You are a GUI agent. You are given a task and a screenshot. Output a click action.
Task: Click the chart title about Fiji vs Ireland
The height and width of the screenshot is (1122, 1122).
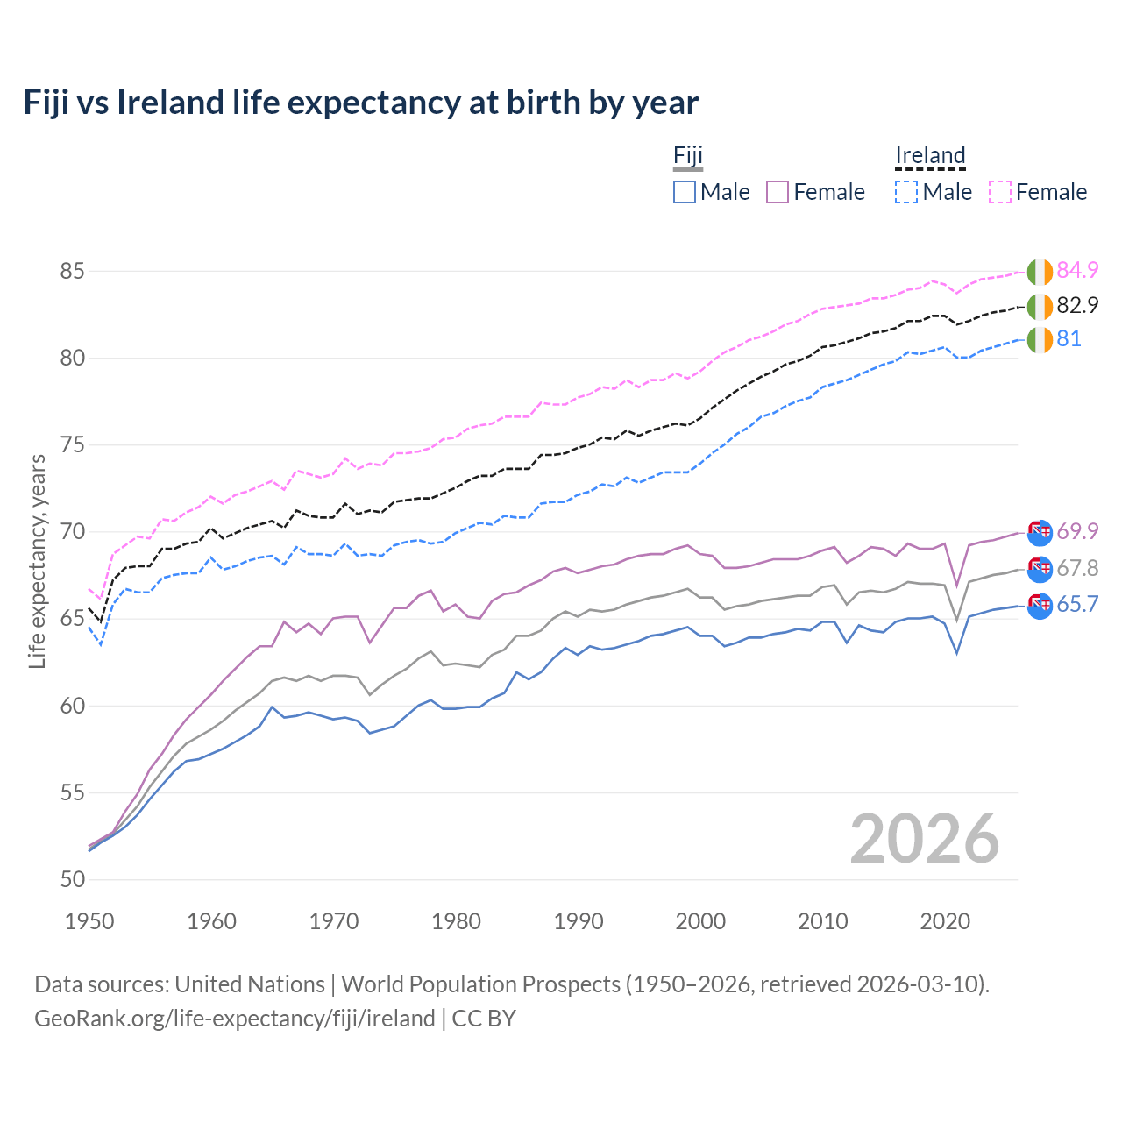click(x=360, y=103)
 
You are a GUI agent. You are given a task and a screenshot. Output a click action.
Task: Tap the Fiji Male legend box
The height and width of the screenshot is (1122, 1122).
click(x=685, y=192)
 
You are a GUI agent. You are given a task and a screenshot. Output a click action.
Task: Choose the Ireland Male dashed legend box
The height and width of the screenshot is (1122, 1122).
click(x=906, y=192)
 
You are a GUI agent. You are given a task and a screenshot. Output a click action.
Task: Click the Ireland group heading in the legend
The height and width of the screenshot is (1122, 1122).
click(x=930, y=156)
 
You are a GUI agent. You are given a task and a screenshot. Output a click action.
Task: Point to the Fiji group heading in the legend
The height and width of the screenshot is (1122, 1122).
click(x=688, y=156)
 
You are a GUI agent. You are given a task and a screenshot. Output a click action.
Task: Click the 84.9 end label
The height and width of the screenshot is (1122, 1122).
click(x=1077, y=270)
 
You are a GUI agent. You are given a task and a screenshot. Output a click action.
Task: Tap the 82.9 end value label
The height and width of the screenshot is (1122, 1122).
click(x=1077, y=305)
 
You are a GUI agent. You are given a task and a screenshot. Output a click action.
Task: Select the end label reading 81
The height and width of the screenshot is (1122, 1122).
click(x=1069, y=338)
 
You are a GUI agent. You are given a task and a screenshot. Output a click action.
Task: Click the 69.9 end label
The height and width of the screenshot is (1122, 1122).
click(x=1077, y=531)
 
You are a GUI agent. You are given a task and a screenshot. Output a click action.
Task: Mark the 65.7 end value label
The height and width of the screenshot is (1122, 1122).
click(x=1077, y=604)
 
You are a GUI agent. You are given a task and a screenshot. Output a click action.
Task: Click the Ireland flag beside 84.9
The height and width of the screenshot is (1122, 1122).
click(x=1040, y=272)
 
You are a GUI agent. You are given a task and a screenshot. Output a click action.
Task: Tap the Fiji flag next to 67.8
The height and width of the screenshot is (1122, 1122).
click(x=1040, y=569)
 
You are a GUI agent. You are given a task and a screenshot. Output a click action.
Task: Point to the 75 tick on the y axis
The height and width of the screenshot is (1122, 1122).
click(x=72, y=444)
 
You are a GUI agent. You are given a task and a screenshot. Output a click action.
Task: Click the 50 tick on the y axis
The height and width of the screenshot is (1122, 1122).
click(x=72, y=879)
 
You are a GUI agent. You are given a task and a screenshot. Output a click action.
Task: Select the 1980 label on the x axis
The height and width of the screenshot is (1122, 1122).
click(x=456, y=921)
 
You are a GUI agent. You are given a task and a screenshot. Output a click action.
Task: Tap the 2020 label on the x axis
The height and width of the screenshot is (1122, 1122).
click(x=945, y=921)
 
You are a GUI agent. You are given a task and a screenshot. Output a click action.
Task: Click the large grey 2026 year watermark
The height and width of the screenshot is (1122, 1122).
click(x=925, y=839)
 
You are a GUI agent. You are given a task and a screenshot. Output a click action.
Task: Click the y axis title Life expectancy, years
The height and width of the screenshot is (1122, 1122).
click(x=38, y=561)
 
